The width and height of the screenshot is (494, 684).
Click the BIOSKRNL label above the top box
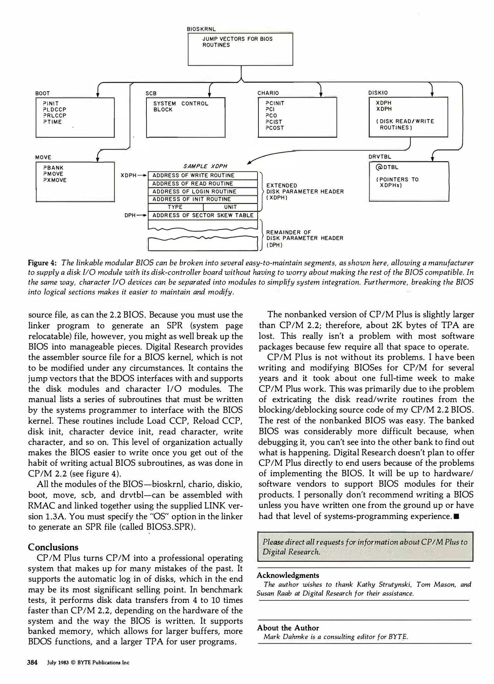(201, 29)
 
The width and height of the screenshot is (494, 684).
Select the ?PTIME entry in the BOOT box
(52, 122)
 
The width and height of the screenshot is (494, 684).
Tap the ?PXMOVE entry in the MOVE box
(55, 180)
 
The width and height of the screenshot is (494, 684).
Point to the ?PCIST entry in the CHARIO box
(274, 122)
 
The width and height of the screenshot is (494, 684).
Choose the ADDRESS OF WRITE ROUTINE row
(203, 175)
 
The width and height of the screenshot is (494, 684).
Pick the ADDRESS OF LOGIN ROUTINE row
(203, 192)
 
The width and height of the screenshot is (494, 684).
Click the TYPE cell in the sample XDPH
(175, 207)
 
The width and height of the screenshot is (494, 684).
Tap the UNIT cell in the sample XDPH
(230, 207)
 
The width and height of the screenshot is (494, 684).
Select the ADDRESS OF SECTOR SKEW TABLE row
(203, 215)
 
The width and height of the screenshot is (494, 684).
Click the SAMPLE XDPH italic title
(205, 166)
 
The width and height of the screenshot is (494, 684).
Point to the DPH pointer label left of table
(130, 215)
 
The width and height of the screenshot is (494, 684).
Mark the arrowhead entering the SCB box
(209, 95)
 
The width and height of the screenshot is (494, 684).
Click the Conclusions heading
(53, 547)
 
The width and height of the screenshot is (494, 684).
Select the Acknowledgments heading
(288, 575)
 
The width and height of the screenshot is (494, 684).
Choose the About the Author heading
(288, 628)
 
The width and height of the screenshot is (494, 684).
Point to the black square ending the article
(456, 516)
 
